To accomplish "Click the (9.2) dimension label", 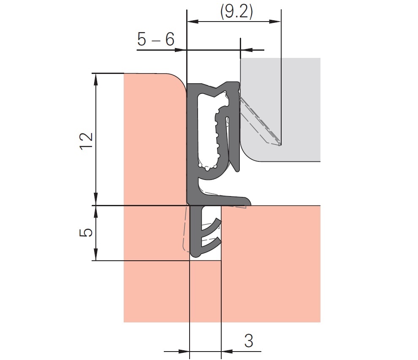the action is [x=236, y=12].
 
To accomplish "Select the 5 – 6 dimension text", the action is [x=156, y=39].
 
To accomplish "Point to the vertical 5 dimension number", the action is [x=87, y=232].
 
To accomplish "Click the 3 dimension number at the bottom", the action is [x=249, y=341].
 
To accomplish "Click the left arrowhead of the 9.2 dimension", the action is [x=193, y=22].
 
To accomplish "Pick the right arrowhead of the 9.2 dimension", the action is [x=275, y=22].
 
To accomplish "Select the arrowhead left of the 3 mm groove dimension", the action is [x=184, y=352].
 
